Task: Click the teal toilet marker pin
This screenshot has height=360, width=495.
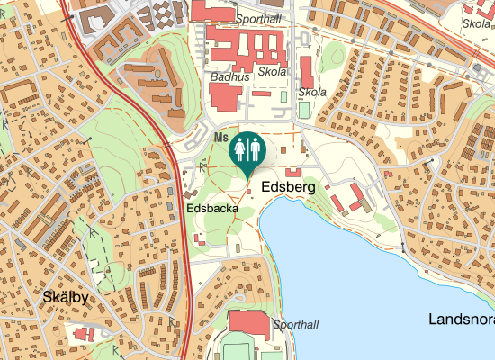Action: pos(247,149)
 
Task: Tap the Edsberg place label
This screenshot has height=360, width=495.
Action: pos(288,188)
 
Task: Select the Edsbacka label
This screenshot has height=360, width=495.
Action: pos(212,207)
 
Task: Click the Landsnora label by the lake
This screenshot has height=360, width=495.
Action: pos(461,319)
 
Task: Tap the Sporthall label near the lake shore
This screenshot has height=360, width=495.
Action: pos(295,324)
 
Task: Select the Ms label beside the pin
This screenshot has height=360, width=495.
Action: pos(221,137)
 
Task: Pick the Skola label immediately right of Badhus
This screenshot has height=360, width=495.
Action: pos(272,71)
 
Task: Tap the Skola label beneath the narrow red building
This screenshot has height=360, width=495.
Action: pos(311,92)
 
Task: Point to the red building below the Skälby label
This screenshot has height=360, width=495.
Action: pos(84,334)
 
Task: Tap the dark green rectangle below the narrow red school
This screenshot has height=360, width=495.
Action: pos(303,110)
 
